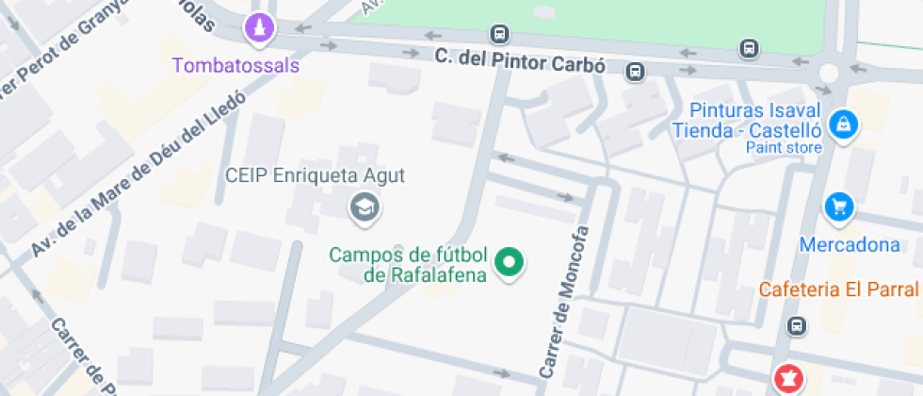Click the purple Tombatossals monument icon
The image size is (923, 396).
(x=259, y=29)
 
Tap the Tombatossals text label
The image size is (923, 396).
(x=236, y=65)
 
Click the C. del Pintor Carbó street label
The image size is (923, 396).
(x=519, y=58)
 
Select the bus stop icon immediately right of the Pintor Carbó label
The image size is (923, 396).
(x=637, y=71)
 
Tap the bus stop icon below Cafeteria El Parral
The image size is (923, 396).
(x=798, y=326)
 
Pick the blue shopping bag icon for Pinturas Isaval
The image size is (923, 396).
(x=845, y=124)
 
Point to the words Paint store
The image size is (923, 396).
(x=784, y=147)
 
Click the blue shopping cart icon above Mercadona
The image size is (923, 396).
(x=837, y=206)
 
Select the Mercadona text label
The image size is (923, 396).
(x=850, y=245)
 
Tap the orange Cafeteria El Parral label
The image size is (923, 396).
(x=840, y=289)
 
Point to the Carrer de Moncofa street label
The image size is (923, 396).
(x=562, y=302)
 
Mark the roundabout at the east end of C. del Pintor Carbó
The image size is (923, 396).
(x=829, y=72)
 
